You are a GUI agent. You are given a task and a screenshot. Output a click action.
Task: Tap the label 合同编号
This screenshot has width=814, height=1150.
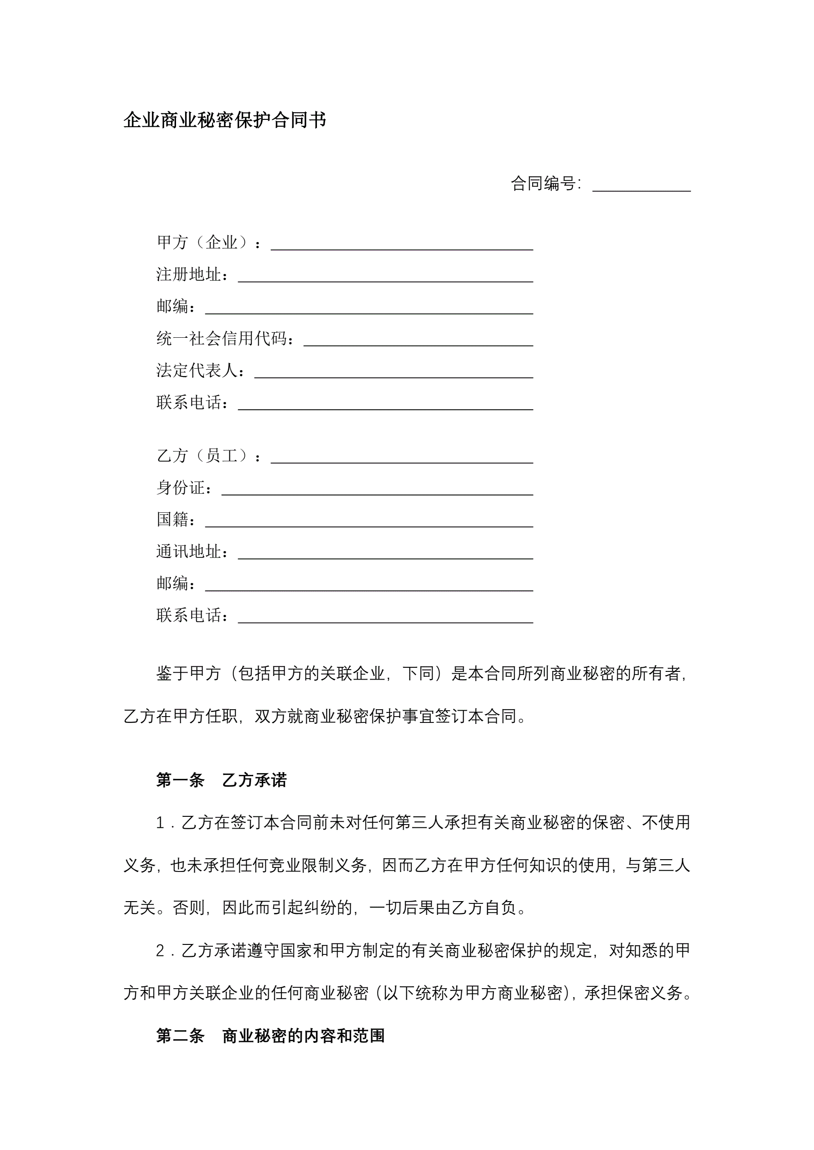[x=545, y=184]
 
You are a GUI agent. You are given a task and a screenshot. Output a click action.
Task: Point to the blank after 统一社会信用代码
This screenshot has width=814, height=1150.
[x=418, y=341]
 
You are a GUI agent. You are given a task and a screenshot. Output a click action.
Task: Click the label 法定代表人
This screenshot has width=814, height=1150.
[x=200, y=370]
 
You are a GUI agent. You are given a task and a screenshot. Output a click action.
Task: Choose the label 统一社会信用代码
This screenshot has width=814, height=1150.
[x=224, y=339]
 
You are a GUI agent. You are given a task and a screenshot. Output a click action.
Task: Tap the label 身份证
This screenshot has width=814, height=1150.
[x=183, y=487]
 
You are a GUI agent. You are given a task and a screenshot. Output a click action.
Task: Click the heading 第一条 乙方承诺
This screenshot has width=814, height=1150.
[x=221, y=780]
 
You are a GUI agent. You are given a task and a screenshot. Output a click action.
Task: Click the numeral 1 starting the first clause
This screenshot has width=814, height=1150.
[x=160, y=822]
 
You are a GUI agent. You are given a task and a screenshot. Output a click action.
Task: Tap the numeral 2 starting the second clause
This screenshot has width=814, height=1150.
[x=160, y=950]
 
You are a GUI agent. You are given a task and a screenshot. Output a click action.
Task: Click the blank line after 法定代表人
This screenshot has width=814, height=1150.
[x=394, y=373]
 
